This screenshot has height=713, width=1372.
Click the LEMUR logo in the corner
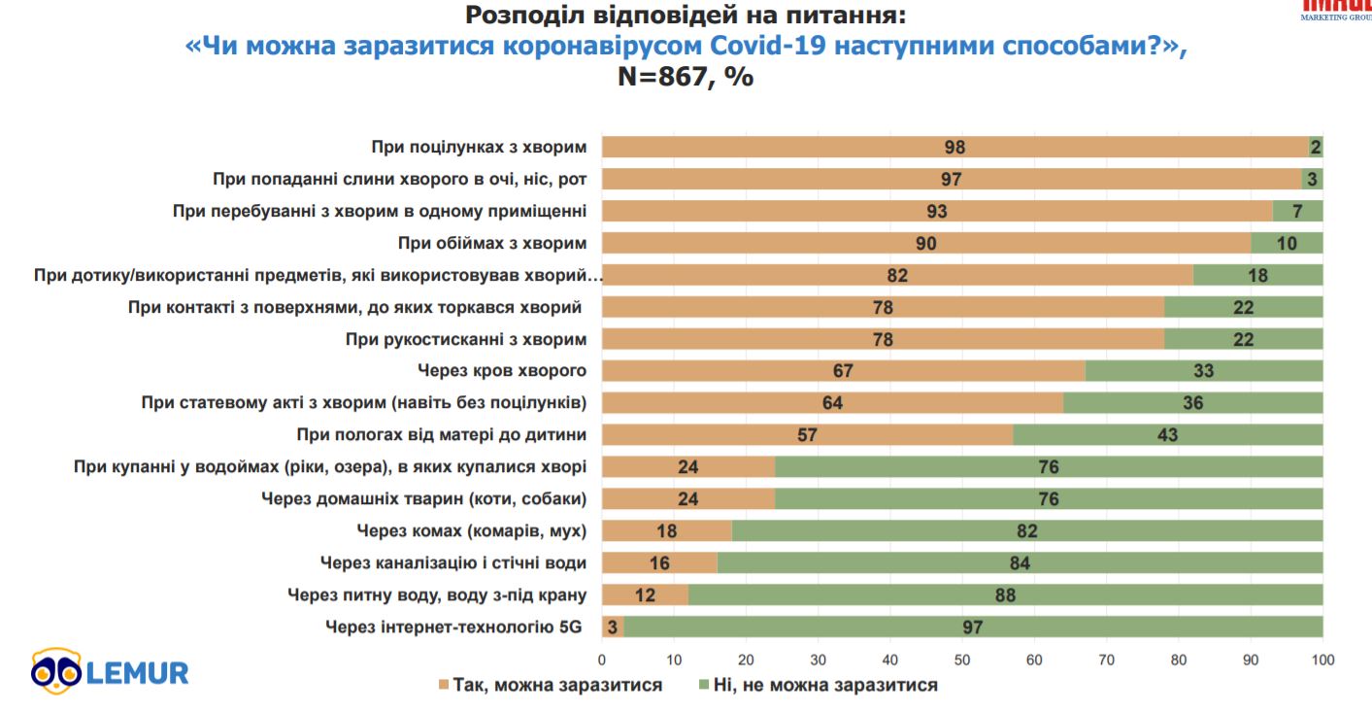[x=109, y=671]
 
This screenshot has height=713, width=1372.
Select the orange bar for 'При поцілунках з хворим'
[x=874, y=148]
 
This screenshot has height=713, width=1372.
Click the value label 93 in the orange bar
[x=936, y=212]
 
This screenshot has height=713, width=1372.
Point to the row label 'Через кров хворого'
[x=502, y=371]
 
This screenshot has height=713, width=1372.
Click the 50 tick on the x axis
[x=962, y=661]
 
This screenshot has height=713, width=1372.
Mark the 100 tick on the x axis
[x=1322, y=661]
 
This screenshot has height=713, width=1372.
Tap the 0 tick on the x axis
[x=602, y=661]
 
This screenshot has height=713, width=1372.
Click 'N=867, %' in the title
[x=686, y=78]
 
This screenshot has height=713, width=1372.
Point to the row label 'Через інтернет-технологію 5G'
[x=453, y=627]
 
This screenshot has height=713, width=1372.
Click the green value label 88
[x=1005, y=594]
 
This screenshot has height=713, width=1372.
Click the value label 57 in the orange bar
[x=807, y=435]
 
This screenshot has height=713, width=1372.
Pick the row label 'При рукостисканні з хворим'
[x=466, y=339]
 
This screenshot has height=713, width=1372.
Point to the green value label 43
[x=1167, y=435]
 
